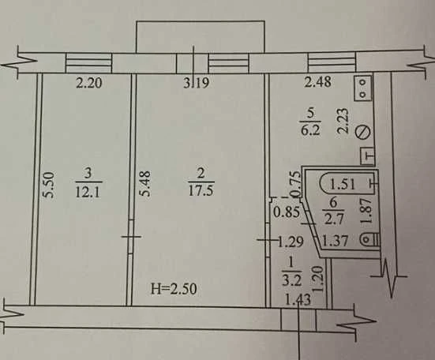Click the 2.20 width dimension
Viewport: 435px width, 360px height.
89,83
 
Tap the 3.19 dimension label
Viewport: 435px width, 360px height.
196,83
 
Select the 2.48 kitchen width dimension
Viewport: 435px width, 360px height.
318,82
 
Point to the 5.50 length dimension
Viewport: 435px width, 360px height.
49,185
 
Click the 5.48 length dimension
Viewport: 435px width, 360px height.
145,184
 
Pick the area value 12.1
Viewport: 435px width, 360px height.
88,191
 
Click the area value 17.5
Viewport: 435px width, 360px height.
201,190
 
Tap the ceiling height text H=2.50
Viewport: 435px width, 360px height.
174,289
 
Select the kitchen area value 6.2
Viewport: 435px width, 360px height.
311,129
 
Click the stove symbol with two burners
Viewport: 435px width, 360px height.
362,88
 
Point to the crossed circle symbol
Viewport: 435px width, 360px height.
363,132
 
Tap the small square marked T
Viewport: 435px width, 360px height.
368,156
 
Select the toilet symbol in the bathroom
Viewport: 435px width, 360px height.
369,240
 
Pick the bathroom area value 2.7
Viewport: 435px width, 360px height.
334,219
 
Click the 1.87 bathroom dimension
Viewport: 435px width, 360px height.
366,211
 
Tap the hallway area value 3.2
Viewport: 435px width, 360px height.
292,281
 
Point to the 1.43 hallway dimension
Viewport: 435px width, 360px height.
298,300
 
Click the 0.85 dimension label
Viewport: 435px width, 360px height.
287,212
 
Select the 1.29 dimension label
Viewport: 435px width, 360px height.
291,242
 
